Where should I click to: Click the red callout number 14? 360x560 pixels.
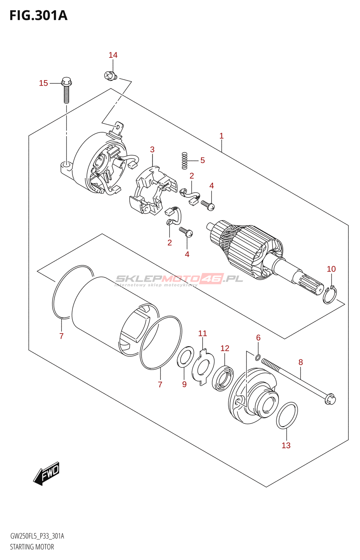113,55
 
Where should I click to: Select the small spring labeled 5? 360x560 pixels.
185,161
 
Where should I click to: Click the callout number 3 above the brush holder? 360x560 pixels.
152,149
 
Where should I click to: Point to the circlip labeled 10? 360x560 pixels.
330,295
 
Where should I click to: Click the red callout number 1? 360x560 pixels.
221,136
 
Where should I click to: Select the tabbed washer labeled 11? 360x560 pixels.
203,367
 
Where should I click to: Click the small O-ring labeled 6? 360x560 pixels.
257,357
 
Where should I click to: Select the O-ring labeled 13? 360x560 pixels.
287,415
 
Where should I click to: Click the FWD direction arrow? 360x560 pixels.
47,474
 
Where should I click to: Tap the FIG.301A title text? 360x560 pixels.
38,15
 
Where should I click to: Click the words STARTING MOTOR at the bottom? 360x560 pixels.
32,547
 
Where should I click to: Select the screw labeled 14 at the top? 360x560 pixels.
111,75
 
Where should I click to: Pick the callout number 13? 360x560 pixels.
286,445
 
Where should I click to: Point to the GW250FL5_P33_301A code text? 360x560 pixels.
37,536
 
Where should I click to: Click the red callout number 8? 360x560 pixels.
300,362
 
